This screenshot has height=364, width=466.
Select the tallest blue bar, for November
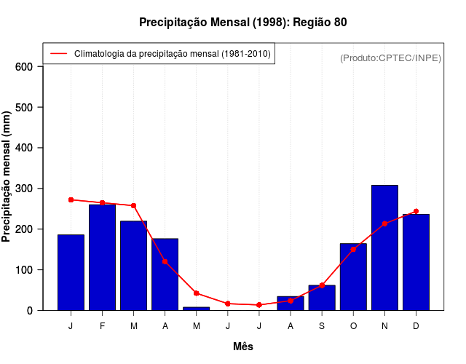384,248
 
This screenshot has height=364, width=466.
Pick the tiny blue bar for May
196,308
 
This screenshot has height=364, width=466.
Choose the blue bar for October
353,277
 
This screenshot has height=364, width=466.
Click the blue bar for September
322,298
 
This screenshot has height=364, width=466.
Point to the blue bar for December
416,262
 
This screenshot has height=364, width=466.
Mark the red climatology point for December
416,211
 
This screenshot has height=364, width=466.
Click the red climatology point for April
165,261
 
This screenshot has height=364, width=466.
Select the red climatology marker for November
384,223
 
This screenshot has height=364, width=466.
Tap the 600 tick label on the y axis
25,67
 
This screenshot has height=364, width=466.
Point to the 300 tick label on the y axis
25,189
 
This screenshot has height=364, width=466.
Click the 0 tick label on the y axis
30,311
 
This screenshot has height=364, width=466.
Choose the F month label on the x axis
102,326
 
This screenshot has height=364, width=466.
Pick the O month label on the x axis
353,326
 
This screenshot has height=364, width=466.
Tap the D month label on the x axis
416,326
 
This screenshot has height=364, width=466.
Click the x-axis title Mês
243,347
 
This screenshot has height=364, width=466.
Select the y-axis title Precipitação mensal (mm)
7,177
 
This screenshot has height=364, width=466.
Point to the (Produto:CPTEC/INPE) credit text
390,58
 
